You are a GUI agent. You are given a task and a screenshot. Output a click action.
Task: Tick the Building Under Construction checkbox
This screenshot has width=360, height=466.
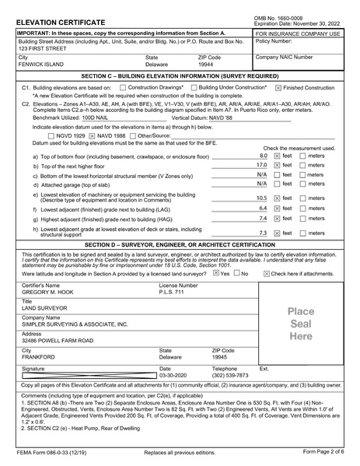coord(194,87)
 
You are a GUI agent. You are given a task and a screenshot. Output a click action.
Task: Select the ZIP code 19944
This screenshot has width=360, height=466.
coord(205,65)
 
